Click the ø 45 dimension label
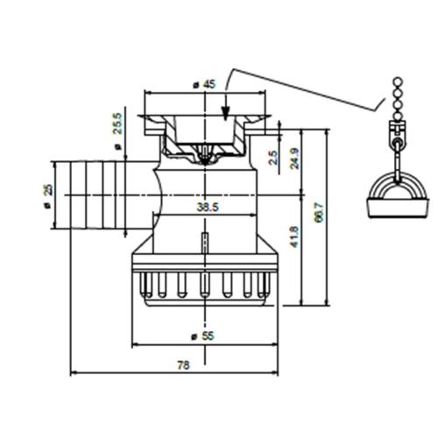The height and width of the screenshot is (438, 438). (204, 85)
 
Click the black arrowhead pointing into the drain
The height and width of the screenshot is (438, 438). (226, 112)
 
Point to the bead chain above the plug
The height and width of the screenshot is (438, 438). (395, 101)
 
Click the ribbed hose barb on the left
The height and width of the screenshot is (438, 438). (89, 194)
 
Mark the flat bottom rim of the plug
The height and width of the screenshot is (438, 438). (392, 210)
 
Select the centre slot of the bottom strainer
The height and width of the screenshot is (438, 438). (204, 286)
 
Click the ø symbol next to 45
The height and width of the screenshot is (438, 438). (194, 85)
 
